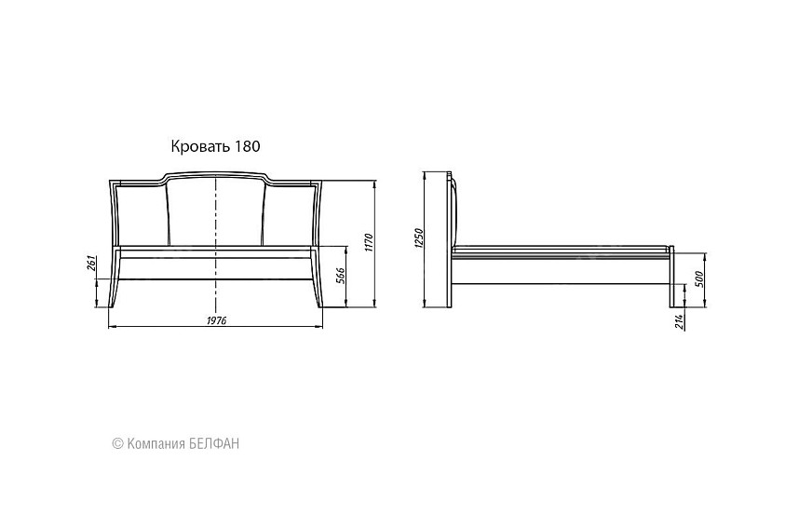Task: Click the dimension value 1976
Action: [x=216, y=320]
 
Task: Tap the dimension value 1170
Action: [x=370, y=243]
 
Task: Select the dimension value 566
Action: [x=340, y=276]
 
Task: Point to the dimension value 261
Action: [x=90, y=263]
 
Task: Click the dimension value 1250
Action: [x=419, y=238]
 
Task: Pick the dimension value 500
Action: [x=700, y=279]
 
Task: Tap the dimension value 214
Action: [x=680, y=321]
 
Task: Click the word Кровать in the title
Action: [x=201, y=146]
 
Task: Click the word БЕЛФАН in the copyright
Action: [x=215, y=443]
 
